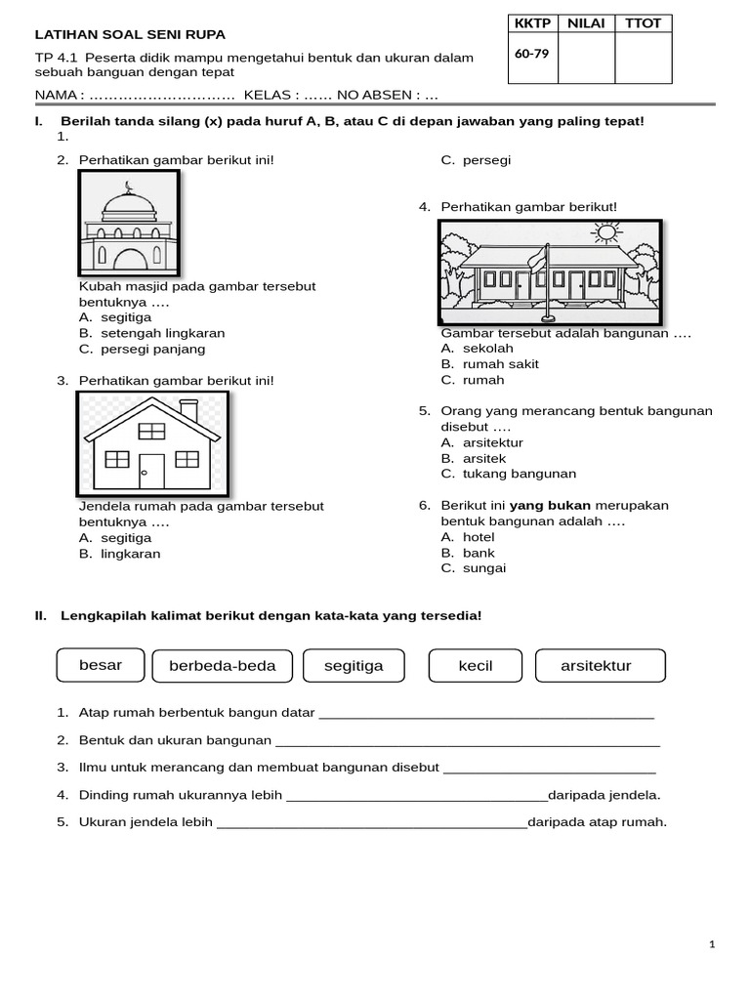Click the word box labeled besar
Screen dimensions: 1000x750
[x=101, y=665]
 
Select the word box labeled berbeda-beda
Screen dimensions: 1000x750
[x=223, y=666]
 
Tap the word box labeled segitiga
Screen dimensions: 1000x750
[x=354, y=666]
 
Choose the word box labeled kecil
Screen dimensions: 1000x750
[x=476, y=666]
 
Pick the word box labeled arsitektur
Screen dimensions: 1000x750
[x=596, y=666]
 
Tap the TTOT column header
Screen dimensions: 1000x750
[x=644, y=23]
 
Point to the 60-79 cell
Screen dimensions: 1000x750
[x=532, y=54]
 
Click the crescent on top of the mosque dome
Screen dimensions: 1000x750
[x=129, y=187]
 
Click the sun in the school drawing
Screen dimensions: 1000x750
[x=606, y=232]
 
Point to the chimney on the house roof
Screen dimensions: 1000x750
[x=189, y=410]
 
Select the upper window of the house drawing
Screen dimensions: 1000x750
[x=151, y=431]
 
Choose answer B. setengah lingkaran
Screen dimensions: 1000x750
[x=151, y=333]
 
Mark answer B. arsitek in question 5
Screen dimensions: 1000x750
[x=474, y=458]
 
